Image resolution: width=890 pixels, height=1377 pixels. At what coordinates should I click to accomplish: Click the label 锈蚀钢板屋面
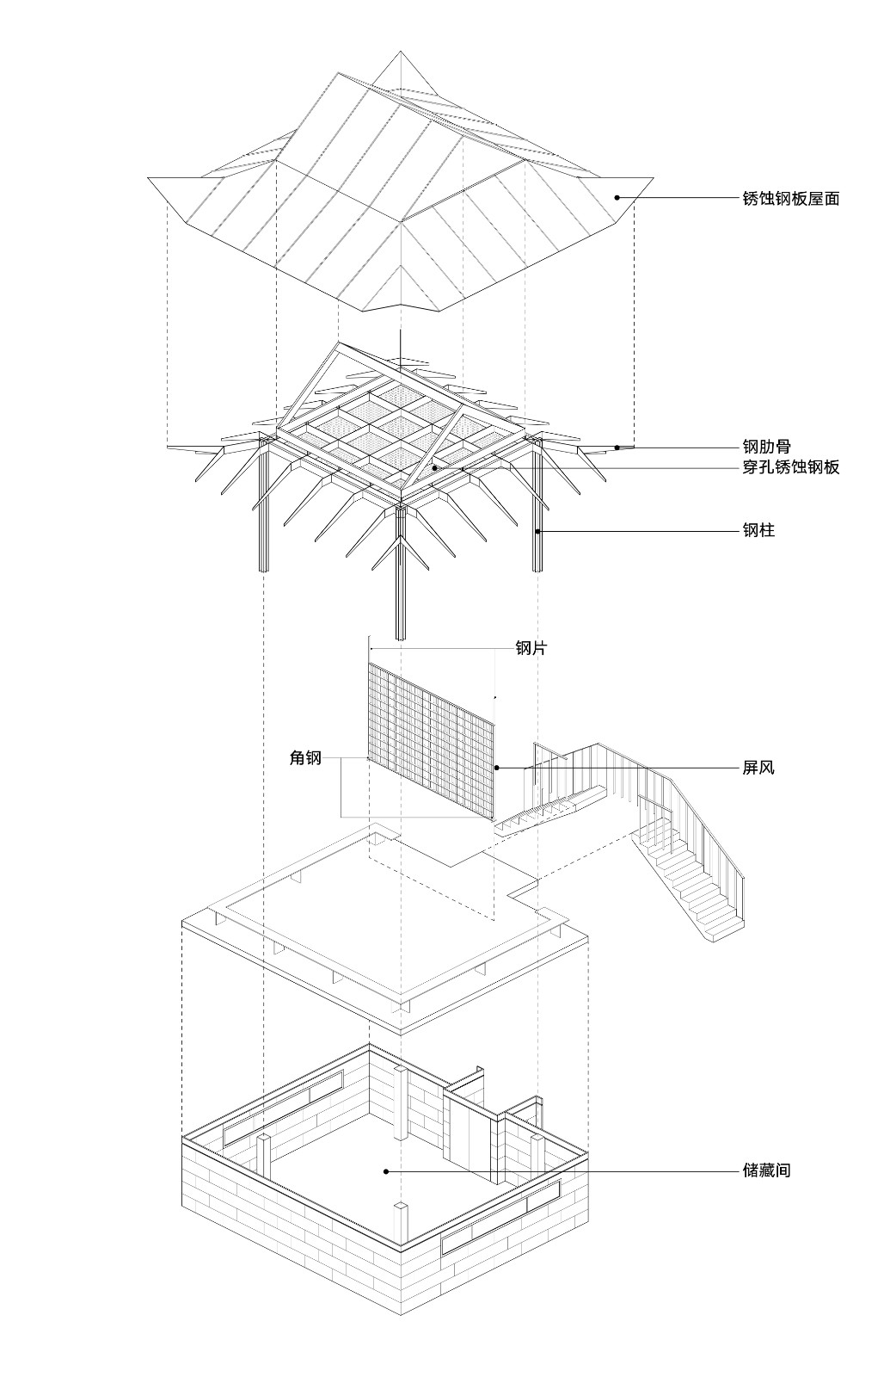click(x=790, y=199)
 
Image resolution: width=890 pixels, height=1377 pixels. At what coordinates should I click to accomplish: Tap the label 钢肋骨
click(x=766, y=447)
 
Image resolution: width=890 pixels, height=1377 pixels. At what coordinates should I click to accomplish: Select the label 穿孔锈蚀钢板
click(x=790, y=467)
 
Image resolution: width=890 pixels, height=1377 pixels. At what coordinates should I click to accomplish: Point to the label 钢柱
click(x=758, y=531)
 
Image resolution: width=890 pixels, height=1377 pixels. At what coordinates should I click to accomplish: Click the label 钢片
click(x=531, y=648)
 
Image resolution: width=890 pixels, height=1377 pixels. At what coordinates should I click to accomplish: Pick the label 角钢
click(x=305, y=758)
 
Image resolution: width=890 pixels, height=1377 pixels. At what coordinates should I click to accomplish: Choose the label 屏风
click(x=758, y=767)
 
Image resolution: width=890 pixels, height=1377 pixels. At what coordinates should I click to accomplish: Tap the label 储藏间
click(x=766, y=1170)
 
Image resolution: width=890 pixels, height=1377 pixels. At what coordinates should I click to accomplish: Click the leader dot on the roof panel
click(x=617, y=198)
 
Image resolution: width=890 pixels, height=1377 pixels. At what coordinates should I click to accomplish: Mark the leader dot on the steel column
click(x=538, y=532)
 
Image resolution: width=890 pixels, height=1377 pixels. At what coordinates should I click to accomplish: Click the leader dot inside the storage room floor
click(x=386, y=1170)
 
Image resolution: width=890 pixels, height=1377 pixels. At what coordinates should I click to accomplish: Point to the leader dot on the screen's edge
click(x=496, y=767)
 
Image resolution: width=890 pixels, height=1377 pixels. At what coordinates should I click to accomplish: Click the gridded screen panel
click(x=430, y=740)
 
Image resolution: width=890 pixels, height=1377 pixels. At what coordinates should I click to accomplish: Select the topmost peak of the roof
click(x=400, y=52)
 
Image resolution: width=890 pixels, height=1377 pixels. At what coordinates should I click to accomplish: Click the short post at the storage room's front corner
click(x=402, y=1224)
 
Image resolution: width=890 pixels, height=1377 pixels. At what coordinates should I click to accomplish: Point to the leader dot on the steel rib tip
click(x=617, y=447)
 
